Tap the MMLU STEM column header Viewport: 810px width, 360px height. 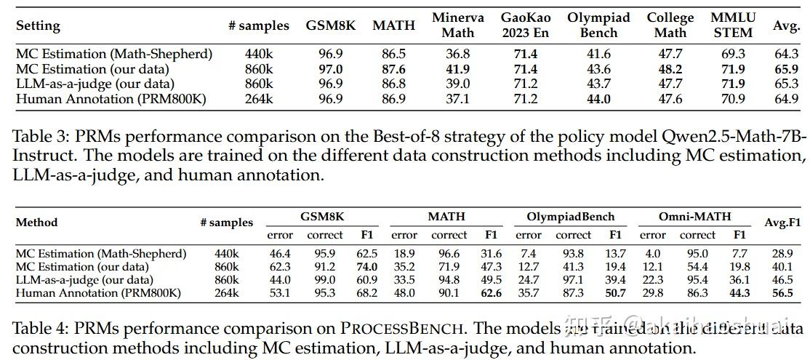[732, 25]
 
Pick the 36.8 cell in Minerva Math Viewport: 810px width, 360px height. [457, 54]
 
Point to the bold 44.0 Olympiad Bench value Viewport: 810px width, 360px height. [598, 99]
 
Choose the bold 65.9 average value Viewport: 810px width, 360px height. [786, 69]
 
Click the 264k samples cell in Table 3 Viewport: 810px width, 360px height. [259, 99]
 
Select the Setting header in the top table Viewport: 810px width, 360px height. [38, 25]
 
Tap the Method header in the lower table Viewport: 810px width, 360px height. [36, 222]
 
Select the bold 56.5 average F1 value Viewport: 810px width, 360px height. [782, 293]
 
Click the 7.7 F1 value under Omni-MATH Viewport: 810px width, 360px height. [739, 253]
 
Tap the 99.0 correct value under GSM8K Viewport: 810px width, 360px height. [324, 280]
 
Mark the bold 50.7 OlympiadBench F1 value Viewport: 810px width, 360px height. [615, 293]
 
